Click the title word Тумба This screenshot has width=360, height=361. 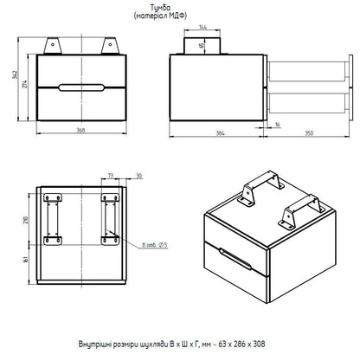[161, 8]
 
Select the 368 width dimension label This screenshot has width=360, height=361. [80, 130]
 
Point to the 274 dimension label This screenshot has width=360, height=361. [25, 84]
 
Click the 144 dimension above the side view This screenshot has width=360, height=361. [203, 27]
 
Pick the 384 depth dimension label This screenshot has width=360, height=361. [221, 133]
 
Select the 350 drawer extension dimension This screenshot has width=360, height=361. [309, 133]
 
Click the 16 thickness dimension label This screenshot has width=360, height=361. [278, 125]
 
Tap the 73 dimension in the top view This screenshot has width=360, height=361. [111, 176]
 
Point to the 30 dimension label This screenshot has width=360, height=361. [139, 176]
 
